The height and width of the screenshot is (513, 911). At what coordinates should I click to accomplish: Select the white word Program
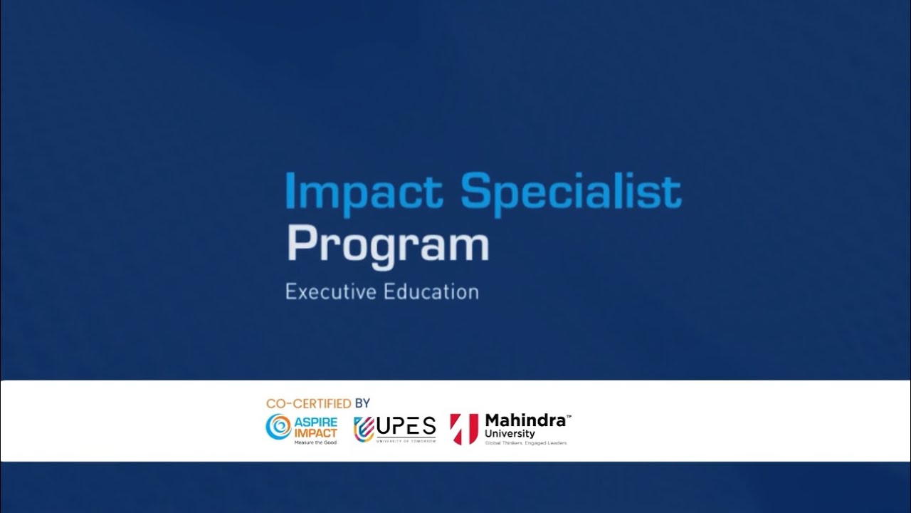pos(387,246)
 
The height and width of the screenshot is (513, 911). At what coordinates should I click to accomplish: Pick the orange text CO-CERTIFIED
pos(308,403)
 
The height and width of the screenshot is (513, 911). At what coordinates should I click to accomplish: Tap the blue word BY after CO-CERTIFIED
pos(362,403)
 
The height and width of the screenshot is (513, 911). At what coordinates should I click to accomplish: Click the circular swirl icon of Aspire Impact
pos(278,427)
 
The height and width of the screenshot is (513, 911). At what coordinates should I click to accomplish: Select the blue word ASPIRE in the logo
pos(315,423)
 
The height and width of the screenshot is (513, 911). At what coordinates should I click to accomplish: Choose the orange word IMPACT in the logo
pos(315,433)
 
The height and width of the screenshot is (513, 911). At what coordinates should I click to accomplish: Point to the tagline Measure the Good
pos(315,442)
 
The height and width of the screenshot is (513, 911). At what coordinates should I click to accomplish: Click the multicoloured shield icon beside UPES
pos(364,429)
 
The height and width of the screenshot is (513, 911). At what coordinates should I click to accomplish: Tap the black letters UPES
pos(406,426)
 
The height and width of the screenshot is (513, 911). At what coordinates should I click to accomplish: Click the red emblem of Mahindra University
pos(464,429)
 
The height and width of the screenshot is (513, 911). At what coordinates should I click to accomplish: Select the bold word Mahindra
pos(525,420)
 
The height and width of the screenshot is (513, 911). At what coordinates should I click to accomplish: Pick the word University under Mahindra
pos(510,434)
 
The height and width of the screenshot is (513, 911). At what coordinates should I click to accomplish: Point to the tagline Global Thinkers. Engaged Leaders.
pos(525,443)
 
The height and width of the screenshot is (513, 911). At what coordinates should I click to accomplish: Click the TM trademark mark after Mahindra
pos(569,416)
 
